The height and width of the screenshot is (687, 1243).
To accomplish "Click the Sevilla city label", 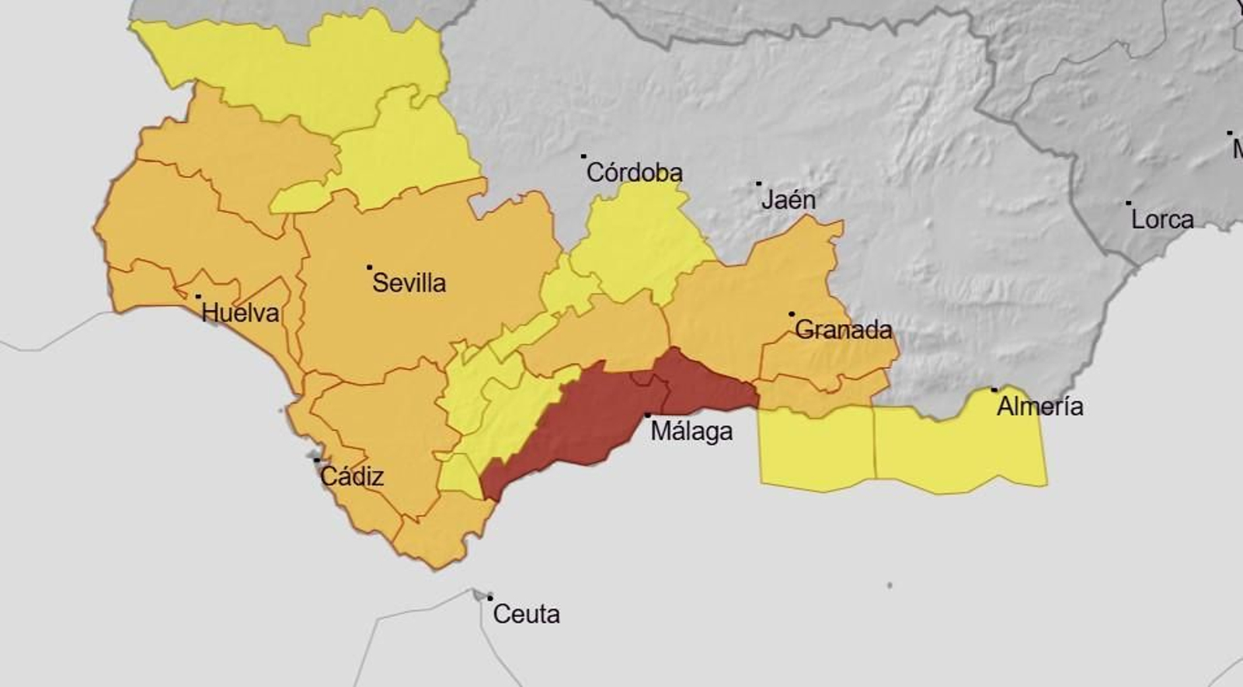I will (409, 282).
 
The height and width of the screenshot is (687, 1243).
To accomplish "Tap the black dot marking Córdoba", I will (583, 156).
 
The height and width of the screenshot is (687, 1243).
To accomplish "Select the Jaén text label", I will (788, 200).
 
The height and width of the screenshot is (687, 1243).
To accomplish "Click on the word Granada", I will (843, 330).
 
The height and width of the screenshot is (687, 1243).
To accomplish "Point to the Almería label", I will (1039, 406).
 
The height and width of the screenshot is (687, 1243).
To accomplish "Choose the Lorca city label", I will (1161, 219).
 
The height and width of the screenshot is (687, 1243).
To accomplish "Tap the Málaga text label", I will (691, 431).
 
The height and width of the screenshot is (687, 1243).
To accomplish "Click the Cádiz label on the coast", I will (352, 476).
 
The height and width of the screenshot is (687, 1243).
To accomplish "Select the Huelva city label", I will (240, 312).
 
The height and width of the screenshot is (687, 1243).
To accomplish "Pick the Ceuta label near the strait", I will (526, 614).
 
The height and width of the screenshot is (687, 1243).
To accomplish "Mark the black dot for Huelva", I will (198, 296).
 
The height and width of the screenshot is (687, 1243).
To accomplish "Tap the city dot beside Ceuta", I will (489, 598).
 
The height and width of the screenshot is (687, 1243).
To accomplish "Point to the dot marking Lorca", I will (1129, 204).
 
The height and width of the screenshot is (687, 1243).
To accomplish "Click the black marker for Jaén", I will (759, 184).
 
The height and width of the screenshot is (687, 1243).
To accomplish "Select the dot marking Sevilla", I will (369, 267).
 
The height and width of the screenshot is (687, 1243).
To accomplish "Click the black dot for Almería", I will (994, 389).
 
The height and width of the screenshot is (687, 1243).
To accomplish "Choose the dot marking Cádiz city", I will (316, 460).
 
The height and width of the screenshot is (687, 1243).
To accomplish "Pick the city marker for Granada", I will (792, 314).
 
